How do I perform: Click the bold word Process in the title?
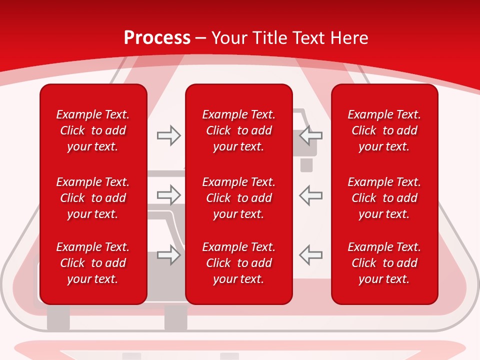point(157,38)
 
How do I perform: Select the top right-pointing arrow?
point(168,135)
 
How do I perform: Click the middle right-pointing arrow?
point(168,195)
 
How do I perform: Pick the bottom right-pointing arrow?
point(168,255)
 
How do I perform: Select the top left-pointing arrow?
point(310,135)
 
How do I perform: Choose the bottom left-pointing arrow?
point(310,255)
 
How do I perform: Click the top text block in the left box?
point(93,130)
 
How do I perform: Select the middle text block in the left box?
point(93,198)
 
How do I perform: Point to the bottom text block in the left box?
point(93,263)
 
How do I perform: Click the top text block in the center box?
point(238,130)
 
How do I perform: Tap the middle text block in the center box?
point(238,198)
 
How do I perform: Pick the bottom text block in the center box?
point(238,263)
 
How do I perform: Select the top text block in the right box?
point(384,130)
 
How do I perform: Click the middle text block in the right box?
point(384,198)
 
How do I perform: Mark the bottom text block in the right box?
point(384,263)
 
